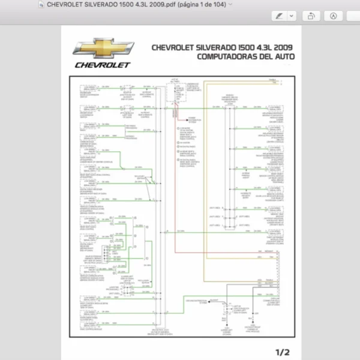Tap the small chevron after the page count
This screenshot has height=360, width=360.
(231, 5)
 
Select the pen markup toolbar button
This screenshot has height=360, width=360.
(279, 16)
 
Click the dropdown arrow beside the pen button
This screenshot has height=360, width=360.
(292, 16)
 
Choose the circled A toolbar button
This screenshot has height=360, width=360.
(334, 16)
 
